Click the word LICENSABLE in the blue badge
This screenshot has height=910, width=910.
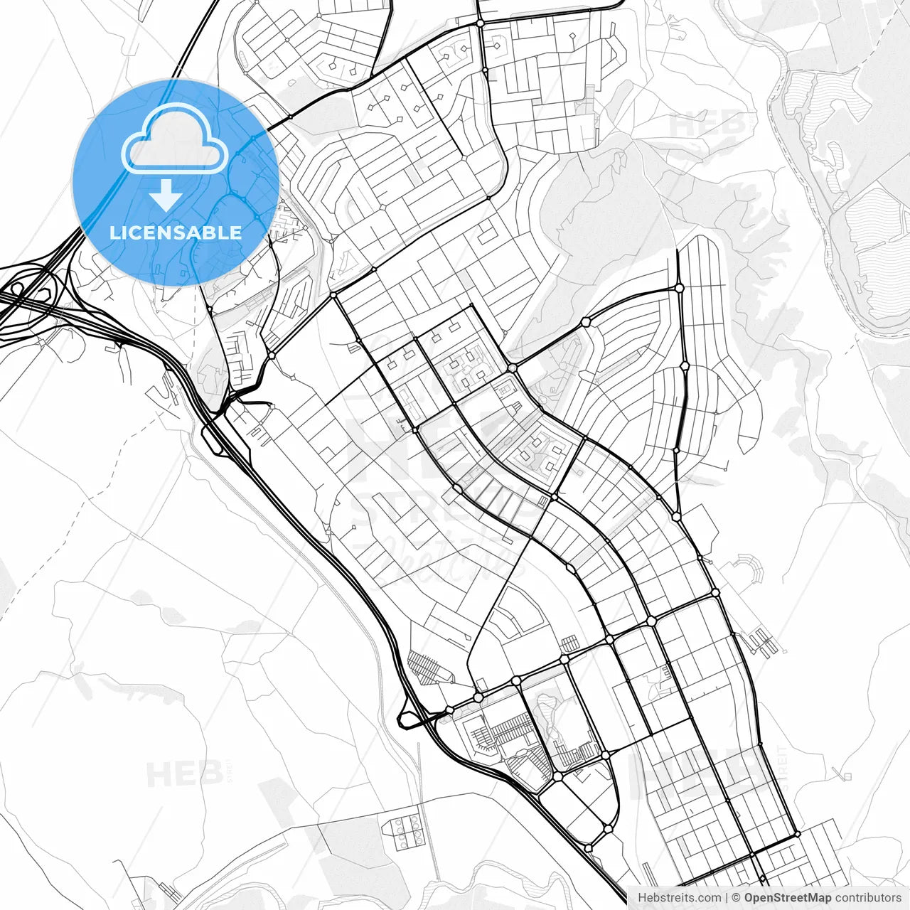175,232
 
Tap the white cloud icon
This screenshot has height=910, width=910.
174,139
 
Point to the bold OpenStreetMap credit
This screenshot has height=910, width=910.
787,898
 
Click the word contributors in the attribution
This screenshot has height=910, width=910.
867,898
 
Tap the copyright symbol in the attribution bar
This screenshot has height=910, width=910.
737,898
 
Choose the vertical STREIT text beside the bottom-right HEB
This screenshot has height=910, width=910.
783,764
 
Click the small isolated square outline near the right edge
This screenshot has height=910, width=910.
846,774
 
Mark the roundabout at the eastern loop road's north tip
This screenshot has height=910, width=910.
679,288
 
